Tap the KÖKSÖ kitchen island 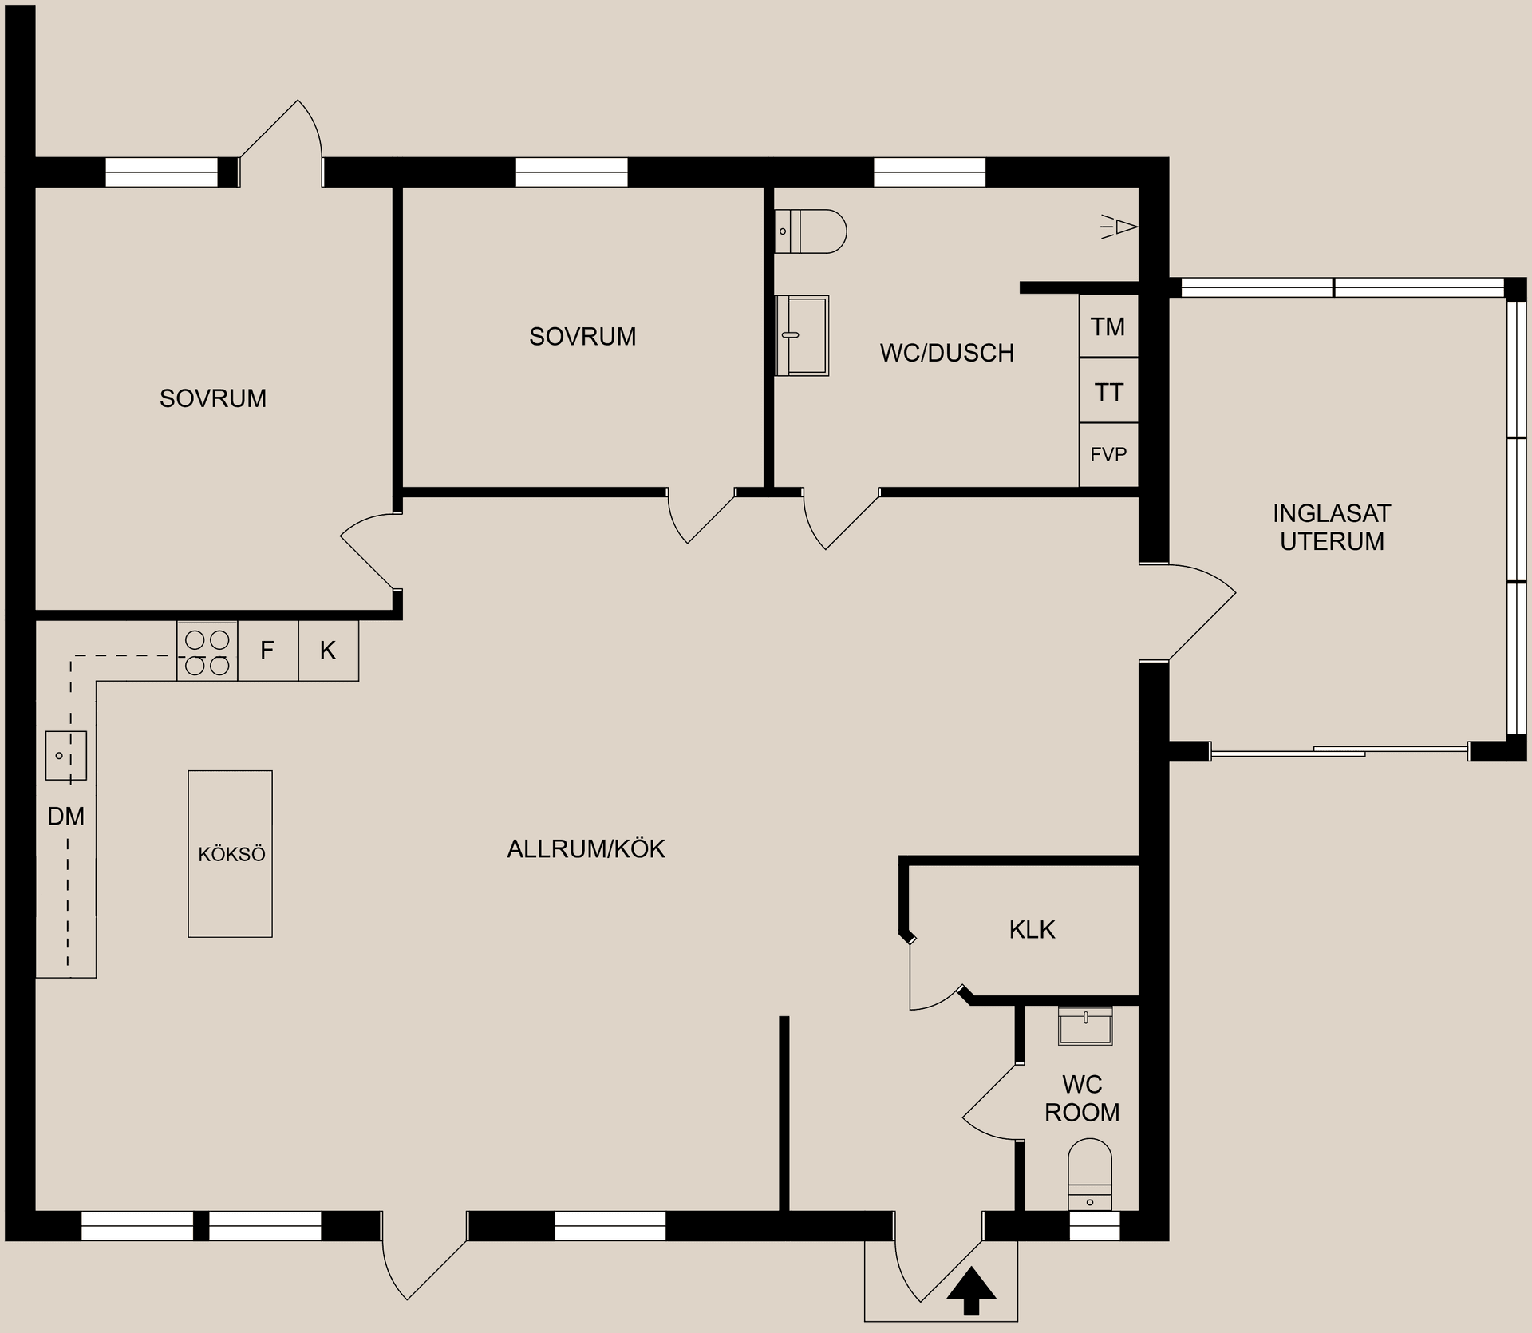click(x=231, y=853)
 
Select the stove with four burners click(x=207, y=651)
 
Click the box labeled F click(x=267, y=651)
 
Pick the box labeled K click(x=328, y=651)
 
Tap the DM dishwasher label click(x=65, y=817)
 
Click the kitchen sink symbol click(x=65, y=755)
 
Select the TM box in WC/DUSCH click(x=1108, y=326)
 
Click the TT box click(x=1108, y=392)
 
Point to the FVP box click(x=1108, y=455)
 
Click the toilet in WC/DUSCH click(x=809, y=231)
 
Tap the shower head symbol click(x=1120, y=227)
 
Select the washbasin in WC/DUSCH click(x=801, y=335)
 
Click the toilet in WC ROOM click(x=1089, y=1173)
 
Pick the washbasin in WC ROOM click(x=1085, y=1026)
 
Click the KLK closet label click(x=1032, y=930)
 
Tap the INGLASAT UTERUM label click(x=1332, y=527)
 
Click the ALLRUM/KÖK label click(x=586, y=848)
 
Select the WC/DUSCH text click(x=947, y=353)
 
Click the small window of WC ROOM click(x=1094, y=1225)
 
